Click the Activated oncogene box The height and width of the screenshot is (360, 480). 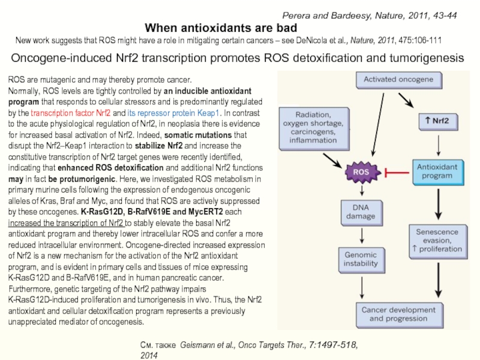(399, 80)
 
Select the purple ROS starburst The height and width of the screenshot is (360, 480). (362, 172)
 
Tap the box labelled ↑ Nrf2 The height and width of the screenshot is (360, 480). (438, 122)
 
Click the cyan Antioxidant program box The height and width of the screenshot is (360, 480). (438, 172)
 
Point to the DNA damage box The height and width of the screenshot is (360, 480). (362, 213)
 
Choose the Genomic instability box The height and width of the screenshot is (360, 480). (362, 260)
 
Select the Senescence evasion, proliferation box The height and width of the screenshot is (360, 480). (438, 242)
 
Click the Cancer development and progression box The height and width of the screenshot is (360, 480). (400, 316)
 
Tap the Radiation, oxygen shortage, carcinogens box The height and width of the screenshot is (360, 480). (314, 128)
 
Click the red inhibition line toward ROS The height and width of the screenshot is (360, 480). (397, 173)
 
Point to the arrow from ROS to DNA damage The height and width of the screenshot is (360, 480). (362, 190)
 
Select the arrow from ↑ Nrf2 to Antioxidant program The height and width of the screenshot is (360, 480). (439, 145)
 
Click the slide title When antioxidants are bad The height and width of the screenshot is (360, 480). (221, 28)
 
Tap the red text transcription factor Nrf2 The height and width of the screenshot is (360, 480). (70, 113)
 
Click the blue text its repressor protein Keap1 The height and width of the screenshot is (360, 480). (173, 113)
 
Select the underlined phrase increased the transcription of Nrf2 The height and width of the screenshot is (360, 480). (65, 223)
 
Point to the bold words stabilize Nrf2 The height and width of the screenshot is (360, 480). (158, 146)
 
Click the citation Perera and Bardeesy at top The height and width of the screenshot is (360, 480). (369, 16)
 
